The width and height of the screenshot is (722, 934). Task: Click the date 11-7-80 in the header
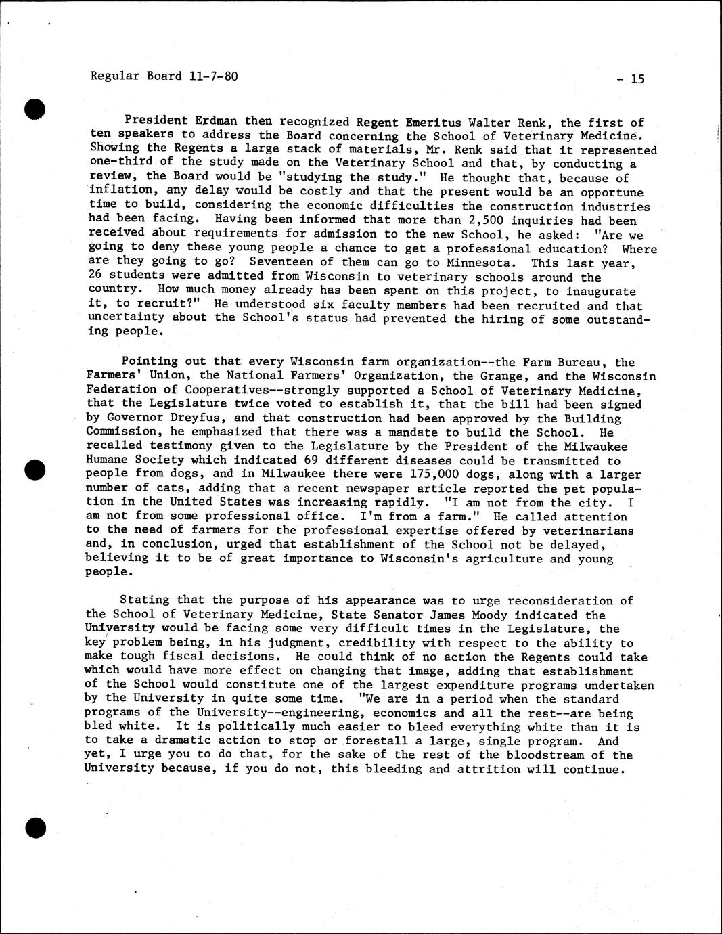pos(213,76)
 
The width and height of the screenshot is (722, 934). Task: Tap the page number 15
pos(637,79)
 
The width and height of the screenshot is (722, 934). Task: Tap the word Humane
pos(108,460)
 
